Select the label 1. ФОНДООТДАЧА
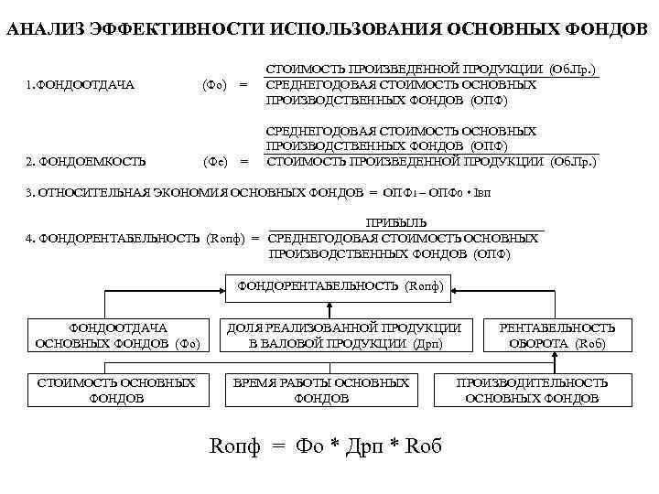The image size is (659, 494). (81, 85)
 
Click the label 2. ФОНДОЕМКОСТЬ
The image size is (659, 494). (86, 162)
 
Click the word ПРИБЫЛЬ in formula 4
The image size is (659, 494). (396, 222)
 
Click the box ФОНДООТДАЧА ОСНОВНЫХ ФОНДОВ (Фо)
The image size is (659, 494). (117, 336)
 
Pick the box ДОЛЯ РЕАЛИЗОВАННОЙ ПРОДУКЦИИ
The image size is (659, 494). (343, 336)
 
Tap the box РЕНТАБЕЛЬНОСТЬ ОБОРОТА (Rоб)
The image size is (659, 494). (557, 336)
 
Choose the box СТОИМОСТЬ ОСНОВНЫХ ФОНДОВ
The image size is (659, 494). (116, 391)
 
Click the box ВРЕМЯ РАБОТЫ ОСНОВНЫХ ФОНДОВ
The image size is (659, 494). (321, 391)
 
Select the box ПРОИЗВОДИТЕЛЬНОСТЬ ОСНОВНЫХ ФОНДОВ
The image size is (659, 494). (532, 391)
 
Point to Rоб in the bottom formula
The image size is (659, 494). (423, 446)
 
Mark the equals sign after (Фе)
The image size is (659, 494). (243, 162)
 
